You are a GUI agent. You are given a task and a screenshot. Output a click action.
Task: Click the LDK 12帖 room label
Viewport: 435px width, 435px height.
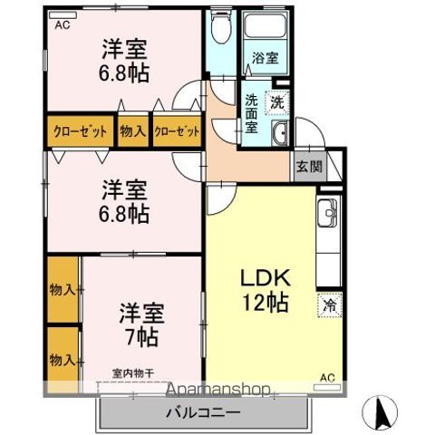264,289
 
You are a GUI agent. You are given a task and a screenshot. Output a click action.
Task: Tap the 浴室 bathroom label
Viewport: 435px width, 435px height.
266,57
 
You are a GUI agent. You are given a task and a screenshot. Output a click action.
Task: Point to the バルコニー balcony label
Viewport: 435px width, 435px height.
202,413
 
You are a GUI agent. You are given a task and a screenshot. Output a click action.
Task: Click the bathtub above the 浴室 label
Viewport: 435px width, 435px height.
266,28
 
